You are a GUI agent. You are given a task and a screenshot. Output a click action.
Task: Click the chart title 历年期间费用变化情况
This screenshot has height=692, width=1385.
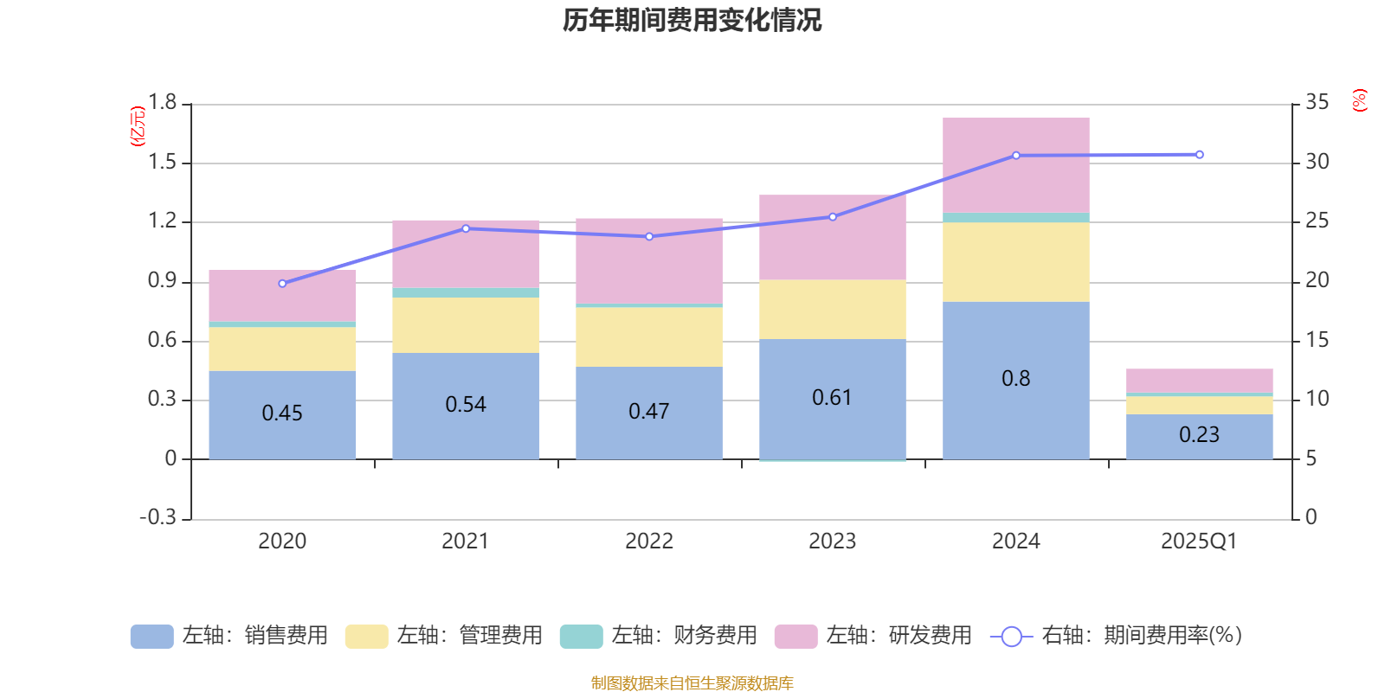click(692, 20)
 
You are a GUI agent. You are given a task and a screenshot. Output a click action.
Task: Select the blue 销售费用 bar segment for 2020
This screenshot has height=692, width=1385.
click(282, 415)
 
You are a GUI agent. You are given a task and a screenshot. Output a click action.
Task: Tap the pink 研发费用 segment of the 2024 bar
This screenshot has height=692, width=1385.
click(1015, 164)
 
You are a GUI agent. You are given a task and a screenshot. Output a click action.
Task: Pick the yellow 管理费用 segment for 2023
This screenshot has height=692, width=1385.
click(832, 309)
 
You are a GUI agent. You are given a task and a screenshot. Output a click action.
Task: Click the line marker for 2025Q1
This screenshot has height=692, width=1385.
click(1199, 155)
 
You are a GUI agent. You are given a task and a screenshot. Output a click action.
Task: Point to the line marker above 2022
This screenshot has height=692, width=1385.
click(649, 236)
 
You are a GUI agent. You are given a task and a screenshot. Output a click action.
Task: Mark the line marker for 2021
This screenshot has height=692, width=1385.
click(466, 228)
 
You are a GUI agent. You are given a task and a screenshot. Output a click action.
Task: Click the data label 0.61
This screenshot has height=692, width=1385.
click(832, 398)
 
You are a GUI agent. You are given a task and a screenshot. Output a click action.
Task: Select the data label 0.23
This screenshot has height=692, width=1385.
click(1199, 434)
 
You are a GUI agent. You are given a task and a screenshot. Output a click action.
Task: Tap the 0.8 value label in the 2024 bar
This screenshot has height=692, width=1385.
click(1015, 379)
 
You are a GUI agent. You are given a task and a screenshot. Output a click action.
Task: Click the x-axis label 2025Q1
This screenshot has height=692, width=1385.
click(1199, 541)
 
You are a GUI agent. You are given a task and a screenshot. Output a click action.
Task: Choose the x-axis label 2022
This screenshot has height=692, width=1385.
click(649, 541)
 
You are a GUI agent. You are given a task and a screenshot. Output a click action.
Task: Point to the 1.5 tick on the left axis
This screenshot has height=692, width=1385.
click(162, 163)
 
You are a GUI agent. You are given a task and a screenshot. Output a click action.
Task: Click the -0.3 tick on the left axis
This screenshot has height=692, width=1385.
click(158, 517)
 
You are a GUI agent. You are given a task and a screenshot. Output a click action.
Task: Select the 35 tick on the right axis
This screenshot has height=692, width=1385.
click(1317, 103)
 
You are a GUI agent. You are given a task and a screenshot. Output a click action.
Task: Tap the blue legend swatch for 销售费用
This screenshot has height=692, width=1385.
click(151, 637)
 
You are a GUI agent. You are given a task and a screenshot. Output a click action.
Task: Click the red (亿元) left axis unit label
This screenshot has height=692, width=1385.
click(137, 126)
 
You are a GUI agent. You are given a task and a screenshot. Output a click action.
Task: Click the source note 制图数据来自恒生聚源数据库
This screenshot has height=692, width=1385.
click(692, 683)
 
